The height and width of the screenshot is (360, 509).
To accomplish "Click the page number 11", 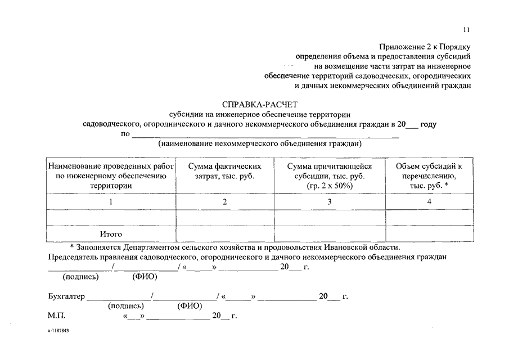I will (466, 30).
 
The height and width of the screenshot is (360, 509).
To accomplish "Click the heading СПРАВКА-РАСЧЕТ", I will (259, 104).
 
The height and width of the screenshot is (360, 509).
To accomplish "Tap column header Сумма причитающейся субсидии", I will (330, 175).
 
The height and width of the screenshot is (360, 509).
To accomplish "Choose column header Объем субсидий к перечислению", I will (429, 175).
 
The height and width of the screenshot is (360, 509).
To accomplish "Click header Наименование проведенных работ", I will (111, 175).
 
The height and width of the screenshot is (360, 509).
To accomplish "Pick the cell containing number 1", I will (111, 201).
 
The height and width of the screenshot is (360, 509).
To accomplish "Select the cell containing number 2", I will (224, 201).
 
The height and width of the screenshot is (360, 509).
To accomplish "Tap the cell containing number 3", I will (330, 201).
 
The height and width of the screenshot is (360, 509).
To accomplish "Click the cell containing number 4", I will (429, 201).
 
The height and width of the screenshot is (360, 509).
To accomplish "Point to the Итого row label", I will (111, 233).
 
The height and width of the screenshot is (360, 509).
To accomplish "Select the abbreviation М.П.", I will (57, 317).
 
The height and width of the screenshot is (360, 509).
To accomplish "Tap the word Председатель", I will (73, 257).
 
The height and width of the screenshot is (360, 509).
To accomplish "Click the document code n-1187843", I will (58, 331).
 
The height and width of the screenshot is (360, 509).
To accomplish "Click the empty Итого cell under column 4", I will (429, 233).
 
